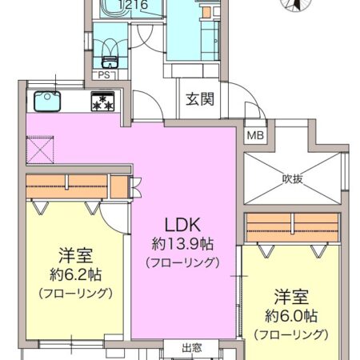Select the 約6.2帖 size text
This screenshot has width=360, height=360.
tap(78, 274)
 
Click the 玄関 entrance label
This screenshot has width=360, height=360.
tap(199, 100)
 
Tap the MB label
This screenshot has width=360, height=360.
tap(254, 134)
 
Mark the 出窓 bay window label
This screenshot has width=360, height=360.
tap(191, 348)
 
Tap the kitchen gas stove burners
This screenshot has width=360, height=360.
tap(102, 102)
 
